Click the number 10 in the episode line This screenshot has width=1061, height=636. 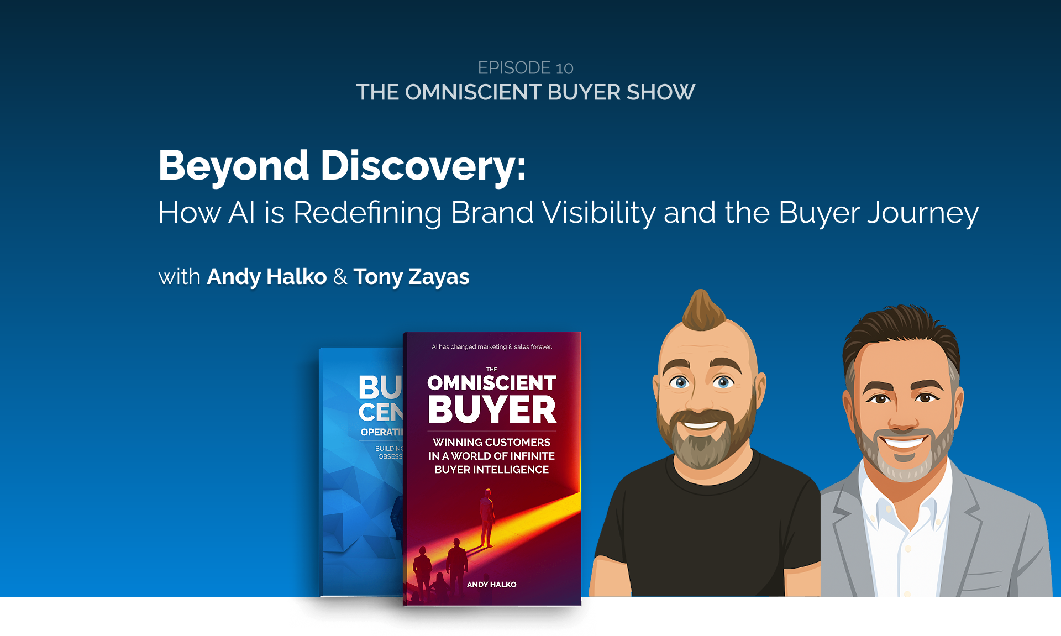[x=564, y=68]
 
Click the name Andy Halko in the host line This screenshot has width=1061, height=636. [x=266, y=277]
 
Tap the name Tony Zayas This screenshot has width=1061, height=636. [x=411, y=277]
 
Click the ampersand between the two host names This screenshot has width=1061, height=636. [x=340, y=277]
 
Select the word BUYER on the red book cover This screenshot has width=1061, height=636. [x=492, y=410]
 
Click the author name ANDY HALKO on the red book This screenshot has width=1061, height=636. [x=491, y=585]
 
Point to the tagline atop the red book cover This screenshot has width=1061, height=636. [x=491, y=347]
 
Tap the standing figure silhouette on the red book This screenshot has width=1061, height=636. [x=487, y=517]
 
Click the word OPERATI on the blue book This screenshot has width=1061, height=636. [x=381, y=432]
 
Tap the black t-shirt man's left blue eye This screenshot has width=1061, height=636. [x=680, y=382]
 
